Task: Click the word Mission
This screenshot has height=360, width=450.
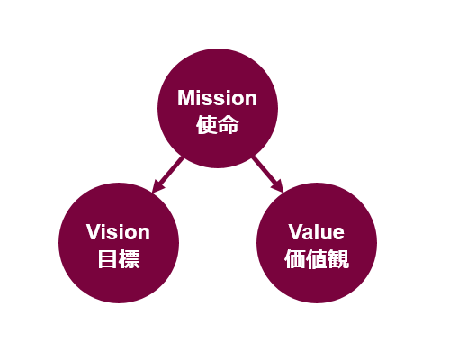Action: [217, 98]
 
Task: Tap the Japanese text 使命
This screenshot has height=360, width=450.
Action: [218, 125]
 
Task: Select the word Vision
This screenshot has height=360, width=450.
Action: [118, 232]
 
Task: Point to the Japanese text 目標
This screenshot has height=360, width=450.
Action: [119, 259]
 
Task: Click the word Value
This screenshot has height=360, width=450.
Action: [317, 232]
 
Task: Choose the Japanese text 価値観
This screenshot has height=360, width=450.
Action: [317, 259]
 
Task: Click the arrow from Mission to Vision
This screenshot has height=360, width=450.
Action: [167, 175]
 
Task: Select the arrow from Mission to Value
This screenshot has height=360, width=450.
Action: [268, 175]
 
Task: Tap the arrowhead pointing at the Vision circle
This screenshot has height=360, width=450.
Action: [157, 186]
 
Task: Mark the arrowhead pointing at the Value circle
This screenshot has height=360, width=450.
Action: [277, 186]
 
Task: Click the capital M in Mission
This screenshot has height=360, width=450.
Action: [184, 98]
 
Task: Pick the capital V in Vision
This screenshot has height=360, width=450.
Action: [94, 232]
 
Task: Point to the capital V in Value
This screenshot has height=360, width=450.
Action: [296, 232]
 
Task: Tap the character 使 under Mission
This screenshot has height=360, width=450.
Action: [207, 125]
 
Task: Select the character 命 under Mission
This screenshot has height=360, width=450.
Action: [229, 125]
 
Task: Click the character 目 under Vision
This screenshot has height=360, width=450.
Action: [107, 259]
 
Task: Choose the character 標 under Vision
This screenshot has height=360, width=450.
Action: [130, 259]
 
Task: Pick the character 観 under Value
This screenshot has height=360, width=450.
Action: [338, 259]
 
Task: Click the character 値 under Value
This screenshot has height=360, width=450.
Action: [317, 259]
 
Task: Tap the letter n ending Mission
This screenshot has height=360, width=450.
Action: [251, 100]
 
